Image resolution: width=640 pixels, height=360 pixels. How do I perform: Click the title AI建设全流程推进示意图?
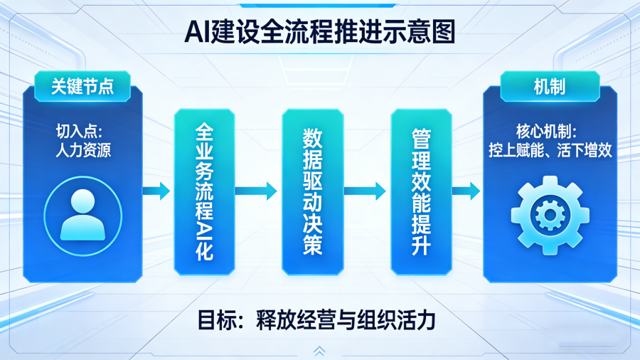click(x=319, y=31)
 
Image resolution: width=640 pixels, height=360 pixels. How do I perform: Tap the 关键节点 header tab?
click(x=82, y=87)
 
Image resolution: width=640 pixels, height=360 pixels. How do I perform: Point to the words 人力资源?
click(x=82, y=150)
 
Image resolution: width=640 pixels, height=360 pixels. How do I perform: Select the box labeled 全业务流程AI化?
click(x=204, y=191)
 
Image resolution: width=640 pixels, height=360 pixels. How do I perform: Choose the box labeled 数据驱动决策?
click(x=313, y=191)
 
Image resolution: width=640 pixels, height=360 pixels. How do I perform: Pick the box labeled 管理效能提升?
click(x=421, y=191)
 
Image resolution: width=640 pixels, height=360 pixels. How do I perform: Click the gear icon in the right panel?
click(x=549, y=214)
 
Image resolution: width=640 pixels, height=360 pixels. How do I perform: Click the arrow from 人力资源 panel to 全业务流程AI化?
click(x=157, y=191)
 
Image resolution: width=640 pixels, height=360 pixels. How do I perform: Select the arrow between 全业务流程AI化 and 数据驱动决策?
click(x=257, y=191)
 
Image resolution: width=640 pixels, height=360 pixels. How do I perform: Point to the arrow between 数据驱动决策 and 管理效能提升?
click(x=366, y=191)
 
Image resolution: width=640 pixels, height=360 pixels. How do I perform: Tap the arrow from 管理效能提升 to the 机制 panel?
click(x=467, y=191)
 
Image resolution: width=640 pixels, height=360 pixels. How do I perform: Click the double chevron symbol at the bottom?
click(x=319, y=351)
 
